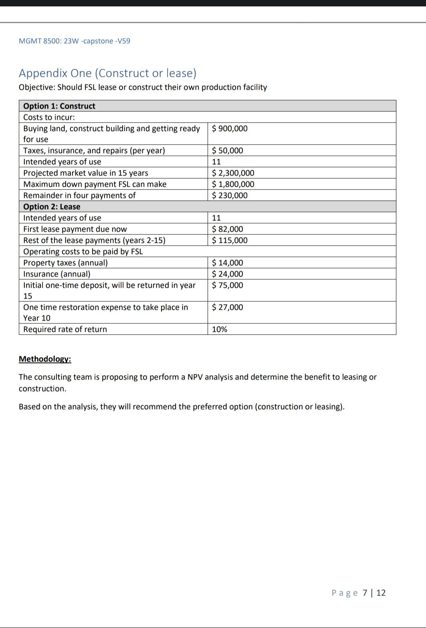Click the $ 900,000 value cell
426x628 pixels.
[x=230, y=129]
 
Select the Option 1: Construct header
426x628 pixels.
[x=59, y=106]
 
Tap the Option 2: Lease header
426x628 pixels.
[x=52, y=207]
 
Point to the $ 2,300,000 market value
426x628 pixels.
[x=233, y=173]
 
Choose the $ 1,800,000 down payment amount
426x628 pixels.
[x=233, y=184]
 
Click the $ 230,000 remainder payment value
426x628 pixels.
[x=230, y=196]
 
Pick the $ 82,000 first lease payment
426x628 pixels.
[x=227, y=229]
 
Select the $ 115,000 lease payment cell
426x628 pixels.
[x=230, y=240]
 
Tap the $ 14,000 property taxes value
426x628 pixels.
[x=227, y=263]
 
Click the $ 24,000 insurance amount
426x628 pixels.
[x=227, y=274]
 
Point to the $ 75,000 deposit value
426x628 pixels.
[x=227, y=285]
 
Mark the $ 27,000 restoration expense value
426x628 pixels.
[x=227, y=307]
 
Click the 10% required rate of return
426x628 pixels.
[x=220, y=329]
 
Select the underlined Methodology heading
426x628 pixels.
[x=45, y=359]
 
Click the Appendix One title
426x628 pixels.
[x=107, y=73]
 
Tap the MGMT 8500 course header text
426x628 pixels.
[x=74, y=41]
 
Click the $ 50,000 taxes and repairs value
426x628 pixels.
[x=227, y=151]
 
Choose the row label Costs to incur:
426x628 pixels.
[x=49, y=117]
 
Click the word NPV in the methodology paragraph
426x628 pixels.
[x=195, y=377]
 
